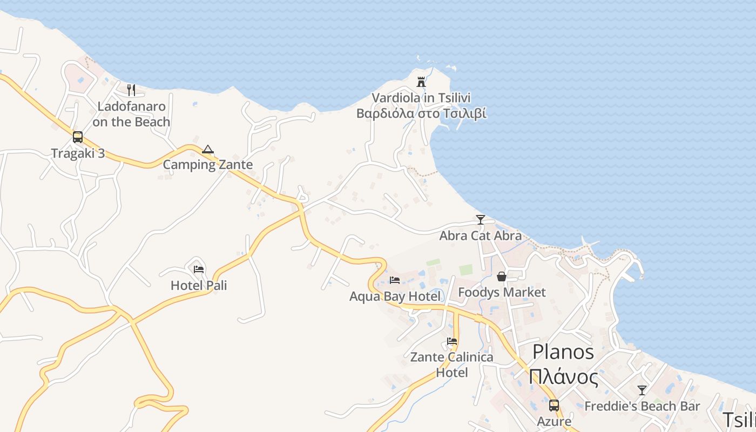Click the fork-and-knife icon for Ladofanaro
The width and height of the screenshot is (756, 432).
coord(131,90)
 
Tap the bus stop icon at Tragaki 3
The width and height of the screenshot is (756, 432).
coord(78,137)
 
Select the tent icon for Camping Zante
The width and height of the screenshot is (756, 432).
coord(208,149)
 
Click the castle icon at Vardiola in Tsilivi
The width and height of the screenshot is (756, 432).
coord(421,82)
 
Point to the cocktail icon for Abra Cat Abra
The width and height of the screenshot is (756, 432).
coord(480,219)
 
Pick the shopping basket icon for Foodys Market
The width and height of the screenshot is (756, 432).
coord(502,276)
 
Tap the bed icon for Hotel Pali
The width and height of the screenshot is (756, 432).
coord(199,269)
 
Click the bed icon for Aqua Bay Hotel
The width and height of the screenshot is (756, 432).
coord(395,280)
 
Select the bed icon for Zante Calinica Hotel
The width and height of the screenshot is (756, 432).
coord(452,341)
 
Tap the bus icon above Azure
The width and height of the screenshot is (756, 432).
coord(554,405)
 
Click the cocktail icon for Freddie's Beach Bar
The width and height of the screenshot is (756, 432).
coord(642,390)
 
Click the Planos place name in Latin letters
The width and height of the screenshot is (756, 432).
coord(563,352)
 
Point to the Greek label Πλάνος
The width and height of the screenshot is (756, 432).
coord(563,376)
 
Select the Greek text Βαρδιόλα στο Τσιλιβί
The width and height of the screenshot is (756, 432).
coord(421,113)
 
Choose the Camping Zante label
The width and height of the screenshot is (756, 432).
coord(208,165)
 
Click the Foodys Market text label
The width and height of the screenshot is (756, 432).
coord(502,292)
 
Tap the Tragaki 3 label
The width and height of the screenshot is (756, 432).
coord(78,153)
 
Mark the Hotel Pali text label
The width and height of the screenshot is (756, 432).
coord(199,285)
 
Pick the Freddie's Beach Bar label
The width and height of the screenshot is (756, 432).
coord(642,406)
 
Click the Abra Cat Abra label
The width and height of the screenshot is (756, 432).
coord(480,235)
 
